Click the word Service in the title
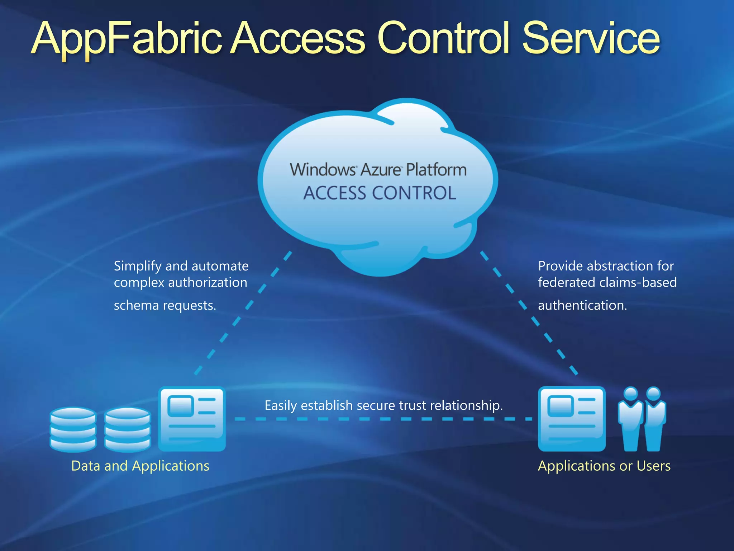591,39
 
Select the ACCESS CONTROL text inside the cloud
380,193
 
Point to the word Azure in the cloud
381,170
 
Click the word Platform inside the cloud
436,170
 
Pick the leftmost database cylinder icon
73,429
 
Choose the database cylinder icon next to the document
128,429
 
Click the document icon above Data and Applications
192,419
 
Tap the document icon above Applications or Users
572,419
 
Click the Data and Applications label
140,466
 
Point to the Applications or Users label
604,466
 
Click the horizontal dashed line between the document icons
383,419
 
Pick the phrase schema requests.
165,305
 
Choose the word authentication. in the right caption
582,305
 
